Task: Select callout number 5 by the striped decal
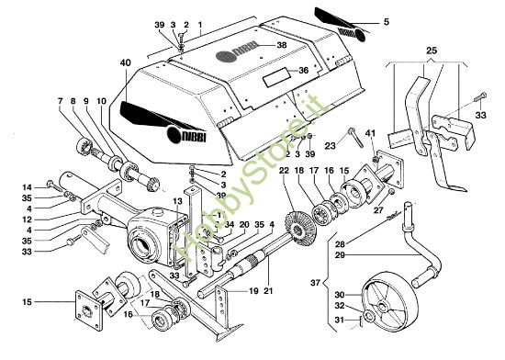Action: point(387,21)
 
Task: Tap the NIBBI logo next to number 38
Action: point(243,45)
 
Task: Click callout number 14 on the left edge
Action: point(28,186)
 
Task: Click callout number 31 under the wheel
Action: point(340,320)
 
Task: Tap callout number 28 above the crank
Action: point(340,245)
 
